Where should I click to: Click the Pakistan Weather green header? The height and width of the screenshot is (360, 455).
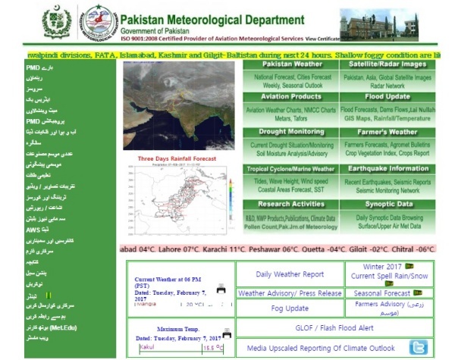[292, 64]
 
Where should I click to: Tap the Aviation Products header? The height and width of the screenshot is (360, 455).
[292, 97]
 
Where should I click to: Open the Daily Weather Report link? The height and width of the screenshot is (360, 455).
[289, 274]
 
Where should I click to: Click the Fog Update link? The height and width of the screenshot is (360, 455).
[289, 308]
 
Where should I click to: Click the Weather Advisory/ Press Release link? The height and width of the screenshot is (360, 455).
[289, 293]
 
